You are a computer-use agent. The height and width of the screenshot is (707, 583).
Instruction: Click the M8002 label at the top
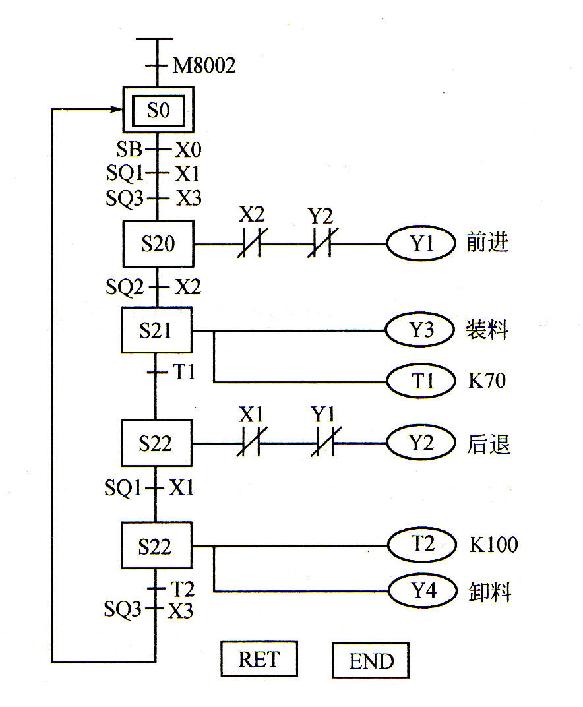(x=204, y=65)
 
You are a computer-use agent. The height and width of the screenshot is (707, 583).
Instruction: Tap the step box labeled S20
(x=158, y=244)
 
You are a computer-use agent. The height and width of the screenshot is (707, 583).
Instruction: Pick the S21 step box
(x=156, y=330)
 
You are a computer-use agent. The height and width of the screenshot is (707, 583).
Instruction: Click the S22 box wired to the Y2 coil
(x=156, y=443)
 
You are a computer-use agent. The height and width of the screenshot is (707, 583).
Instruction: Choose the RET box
(x=259, y=659)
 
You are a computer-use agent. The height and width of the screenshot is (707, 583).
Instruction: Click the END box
(x=371, y=660)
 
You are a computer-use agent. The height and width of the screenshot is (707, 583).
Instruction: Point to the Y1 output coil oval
(x=421, y=244)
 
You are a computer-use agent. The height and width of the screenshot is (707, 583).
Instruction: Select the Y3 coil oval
(x=421, y=330)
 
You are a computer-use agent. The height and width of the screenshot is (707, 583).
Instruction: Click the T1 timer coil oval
(x=421, y=381)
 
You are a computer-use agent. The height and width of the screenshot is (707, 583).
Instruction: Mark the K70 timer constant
(x=487, y=381)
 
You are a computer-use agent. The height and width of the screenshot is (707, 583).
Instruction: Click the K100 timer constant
(x=493, y=545)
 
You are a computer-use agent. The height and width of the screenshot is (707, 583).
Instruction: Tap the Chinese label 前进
(x=487, y=243)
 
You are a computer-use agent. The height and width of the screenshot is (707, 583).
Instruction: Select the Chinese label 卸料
(x=490, y=592)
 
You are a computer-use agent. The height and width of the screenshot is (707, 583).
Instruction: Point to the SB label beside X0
(x=129, y=150)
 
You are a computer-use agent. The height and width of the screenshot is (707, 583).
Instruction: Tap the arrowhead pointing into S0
(x=117, y=109)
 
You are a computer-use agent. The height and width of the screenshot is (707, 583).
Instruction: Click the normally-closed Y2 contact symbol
(x=321, y=245)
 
